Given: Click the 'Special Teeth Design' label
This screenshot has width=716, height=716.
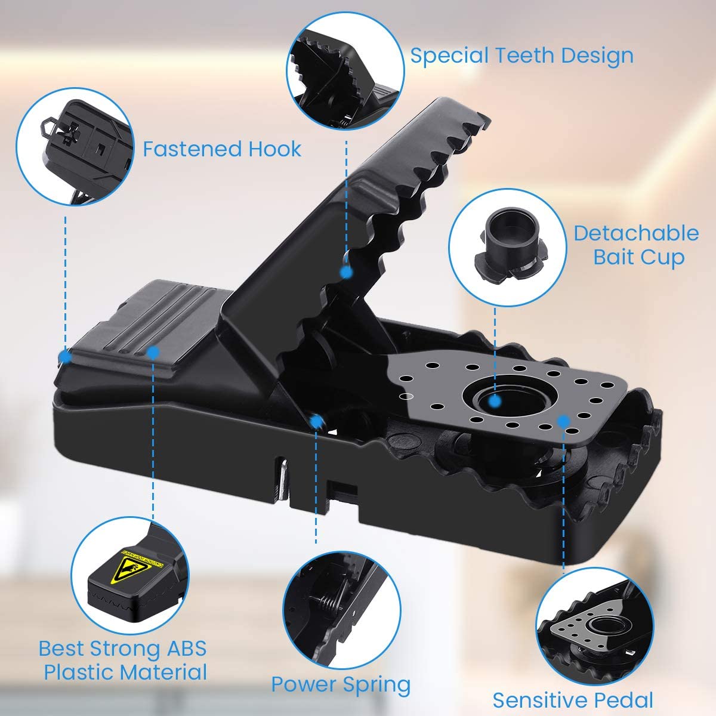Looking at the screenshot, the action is coord(521,56).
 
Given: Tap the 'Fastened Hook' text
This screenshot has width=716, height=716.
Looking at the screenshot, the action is coord(222,149).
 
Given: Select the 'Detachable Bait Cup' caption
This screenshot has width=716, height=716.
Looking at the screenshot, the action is coord(637,246).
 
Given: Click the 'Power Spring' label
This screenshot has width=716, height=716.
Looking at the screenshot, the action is coord(341,684).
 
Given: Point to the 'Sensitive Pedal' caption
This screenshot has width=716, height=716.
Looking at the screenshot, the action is coord(573,700).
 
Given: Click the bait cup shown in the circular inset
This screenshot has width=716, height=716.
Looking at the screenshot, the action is coord(508,247).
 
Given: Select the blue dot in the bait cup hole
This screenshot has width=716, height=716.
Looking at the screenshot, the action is coord(495,402).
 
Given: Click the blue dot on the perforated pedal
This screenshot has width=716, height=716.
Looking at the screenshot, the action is coord(564,421).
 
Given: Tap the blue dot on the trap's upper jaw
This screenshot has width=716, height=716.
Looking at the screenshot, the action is coord(346,272).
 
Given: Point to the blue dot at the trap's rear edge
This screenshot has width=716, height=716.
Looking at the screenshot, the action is coord(66,357).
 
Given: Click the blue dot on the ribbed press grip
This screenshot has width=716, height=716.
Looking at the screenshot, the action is coord(153,352).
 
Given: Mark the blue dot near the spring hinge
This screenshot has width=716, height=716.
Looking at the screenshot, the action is coord(316,421).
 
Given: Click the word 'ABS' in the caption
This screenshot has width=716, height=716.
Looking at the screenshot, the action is coord(187,649).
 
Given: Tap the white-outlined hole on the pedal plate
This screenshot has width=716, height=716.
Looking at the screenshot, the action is coord(406,396).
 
